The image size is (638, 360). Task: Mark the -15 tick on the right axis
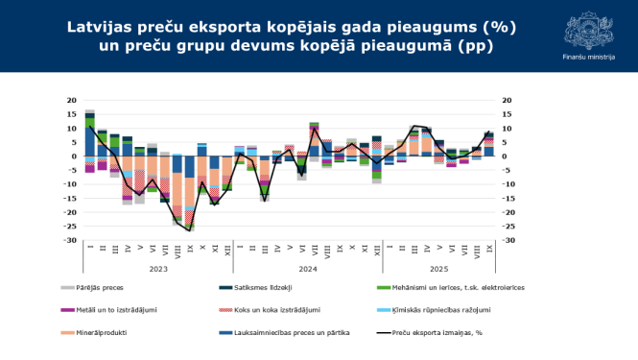coord(508,198)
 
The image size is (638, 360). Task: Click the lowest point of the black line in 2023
coord(190,230)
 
